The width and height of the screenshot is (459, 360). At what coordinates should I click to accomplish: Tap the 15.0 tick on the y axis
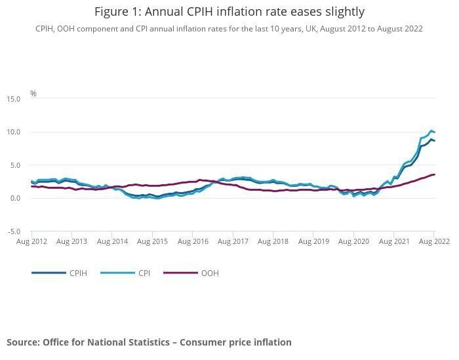14,99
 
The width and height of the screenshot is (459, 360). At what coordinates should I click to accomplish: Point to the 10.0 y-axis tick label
14,132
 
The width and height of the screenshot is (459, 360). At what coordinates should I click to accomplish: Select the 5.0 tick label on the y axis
15,165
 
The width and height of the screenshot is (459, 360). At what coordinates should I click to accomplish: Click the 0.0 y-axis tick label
15,199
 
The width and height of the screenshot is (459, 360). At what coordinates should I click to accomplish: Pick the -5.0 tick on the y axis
14,232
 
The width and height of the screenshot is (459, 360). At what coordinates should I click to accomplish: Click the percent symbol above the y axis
33,94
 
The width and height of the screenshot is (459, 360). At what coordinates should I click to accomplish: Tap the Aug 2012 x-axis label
31,242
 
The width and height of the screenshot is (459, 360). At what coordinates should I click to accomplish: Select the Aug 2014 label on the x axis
112,242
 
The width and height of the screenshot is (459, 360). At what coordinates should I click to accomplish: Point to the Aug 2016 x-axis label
193,242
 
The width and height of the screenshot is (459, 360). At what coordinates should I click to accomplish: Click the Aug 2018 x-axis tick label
273,242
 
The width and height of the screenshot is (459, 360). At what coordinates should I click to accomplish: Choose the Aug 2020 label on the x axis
353,242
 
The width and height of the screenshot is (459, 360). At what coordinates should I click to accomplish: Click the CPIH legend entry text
78,273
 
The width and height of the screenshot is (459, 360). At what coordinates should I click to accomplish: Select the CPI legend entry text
144,273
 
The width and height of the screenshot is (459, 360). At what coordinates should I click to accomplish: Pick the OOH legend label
210,273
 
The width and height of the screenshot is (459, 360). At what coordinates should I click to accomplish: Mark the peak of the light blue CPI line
431,131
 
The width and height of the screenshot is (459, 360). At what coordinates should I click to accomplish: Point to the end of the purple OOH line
434,174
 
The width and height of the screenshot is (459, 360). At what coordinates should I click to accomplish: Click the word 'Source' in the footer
23,342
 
